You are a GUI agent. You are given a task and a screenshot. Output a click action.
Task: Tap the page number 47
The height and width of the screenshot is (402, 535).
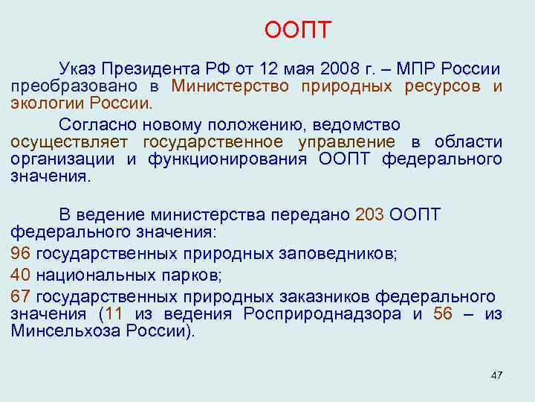(x=496, y=374)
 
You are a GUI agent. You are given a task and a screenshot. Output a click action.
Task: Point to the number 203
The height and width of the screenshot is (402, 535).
(x=369, y=215)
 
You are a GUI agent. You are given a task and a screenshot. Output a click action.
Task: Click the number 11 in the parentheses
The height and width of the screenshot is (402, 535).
(x=114, y=313)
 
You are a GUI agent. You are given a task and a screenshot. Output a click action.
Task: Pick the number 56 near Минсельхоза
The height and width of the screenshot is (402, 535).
(x=442, y=313)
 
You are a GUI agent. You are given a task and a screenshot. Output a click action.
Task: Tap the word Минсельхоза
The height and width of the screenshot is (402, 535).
(x=59, y=331)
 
